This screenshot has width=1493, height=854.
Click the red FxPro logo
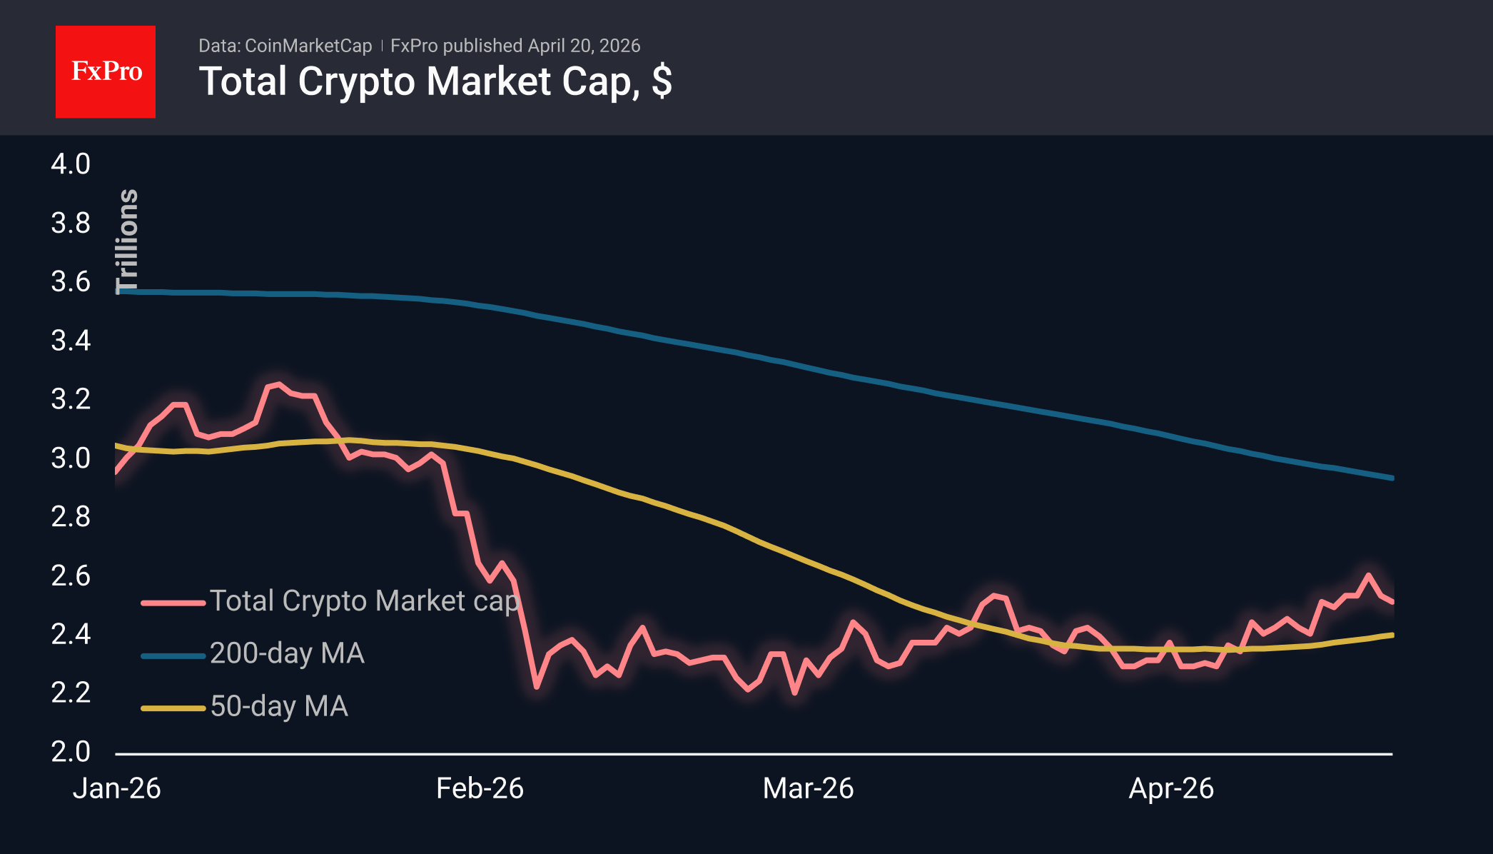pos(106,71)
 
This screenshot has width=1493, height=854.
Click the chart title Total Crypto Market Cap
pos(435,81)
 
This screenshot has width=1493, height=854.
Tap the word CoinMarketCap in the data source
pos(308,46)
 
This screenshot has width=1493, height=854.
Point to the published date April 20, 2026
pos(584,46)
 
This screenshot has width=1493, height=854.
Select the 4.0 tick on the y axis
pos(71,164)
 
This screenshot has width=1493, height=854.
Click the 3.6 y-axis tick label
pos(71,282)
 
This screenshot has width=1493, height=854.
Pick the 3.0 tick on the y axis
pos(71,458)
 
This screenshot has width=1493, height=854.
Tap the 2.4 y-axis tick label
pos(71,634)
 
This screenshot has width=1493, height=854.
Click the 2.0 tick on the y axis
pos(71,751)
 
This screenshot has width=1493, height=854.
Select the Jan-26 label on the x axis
pos(117,788)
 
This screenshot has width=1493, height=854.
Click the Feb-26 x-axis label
pos(480,788)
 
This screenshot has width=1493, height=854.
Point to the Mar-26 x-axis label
pos(808,788)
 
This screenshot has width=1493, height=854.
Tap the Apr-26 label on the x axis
pos(1171,788)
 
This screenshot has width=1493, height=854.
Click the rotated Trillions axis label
pos(127,241)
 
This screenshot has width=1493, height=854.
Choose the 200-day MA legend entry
pos(287,653)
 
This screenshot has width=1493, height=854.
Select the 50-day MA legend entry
pos(279,706)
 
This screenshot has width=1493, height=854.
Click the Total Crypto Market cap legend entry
pos(364,601)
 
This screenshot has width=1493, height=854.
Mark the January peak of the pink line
pos(278,384)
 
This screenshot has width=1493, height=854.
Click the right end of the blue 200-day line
pos(1392,478)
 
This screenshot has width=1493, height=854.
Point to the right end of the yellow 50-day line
pos(1392,635)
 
